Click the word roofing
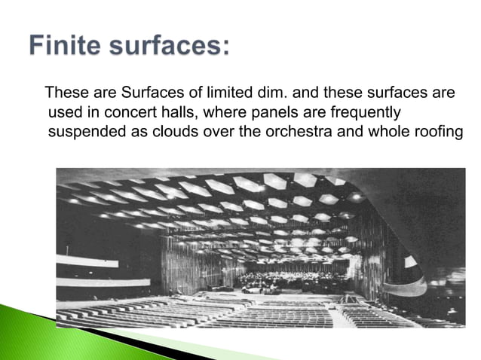tap(421, 132)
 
